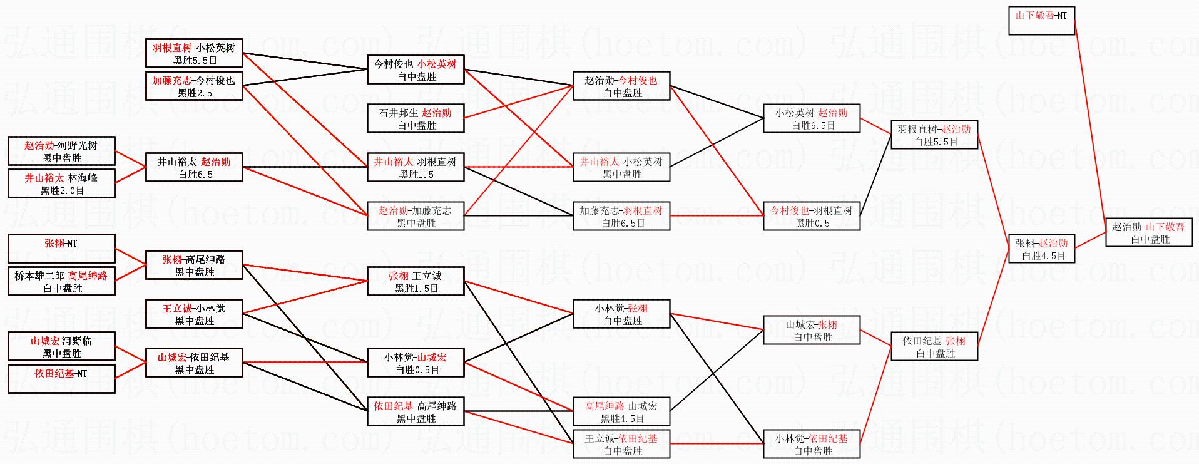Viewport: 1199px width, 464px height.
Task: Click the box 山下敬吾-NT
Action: (1041, 21)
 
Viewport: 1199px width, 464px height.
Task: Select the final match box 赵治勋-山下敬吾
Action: (1149, 232)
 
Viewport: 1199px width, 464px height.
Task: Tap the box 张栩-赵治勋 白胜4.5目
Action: (1041, 249)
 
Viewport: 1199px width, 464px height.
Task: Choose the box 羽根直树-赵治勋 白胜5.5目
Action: (934, 135)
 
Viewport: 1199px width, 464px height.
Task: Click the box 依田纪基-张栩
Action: (934, 346)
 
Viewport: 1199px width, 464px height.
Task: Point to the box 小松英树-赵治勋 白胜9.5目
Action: (812, 118)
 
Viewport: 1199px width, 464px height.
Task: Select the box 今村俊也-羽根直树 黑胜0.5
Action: (812, 216)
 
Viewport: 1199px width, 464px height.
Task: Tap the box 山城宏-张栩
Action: (812, 330)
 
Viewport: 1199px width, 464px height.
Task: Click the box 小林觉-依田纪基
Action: (812, 444)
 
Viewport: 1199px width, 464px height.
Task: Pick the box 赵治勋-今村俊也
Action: (621, 86)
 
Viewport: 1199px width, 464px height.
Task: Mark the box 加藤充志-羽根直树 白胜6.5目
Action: (621, 216)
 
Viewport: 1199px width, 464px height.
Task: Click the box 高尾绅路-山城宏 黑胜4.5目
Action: (621, 411)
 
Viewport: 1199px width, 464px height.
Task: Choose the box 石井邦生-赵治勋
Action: (416, 118)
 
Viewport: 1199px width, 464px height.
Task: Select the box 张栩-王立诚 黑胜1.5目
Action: (416, 281)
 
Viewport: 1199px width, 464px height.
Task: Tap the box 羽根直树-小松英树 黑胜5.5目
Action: (194, 53)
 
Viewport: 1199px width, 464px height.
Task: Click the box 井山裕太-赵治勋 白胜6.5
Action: (194, 167)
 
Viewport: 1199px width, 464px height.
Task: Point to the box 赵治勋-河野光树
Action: (61, 151)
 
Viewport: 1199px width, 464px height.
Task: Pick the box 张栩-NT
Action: (61, 249)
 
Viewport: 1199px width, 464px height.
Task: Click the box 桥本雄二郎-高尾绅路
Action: (61, 281)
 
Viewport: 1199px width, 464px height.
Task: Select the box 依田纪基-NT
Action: (61, 379)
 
